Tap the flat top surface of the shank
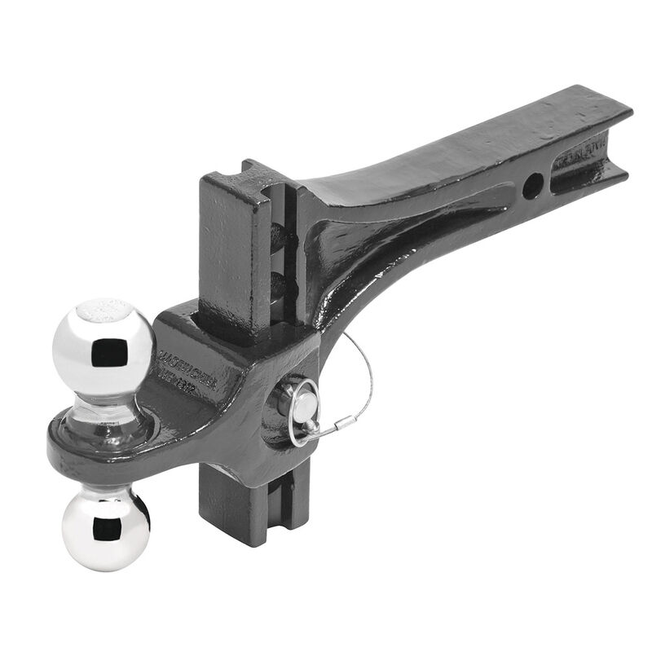(456, 151)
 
